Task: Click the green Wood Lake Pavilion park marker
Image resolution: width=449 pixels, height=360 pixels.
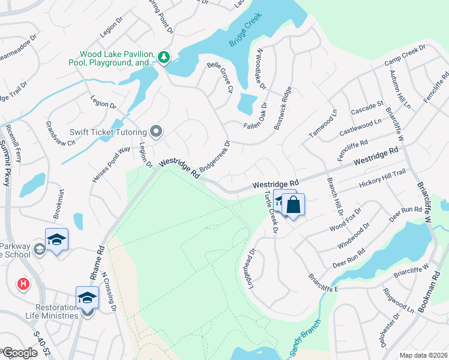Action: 163,58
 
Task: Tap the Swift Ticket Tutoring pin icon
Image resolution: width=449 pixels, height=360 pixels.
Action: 157,131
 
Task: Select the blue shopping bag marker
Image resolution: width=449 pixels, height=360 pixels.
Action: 294,206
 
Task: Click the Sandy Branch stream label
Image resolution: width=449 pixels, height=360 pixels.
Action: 306,339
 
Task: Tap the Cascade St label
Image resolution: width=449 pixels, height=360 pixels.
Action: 367,109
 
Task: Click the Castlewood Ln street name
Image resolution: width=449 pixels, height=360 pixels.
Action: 360,127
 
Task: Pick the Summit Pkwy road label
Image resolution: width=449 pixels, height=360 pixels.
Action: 8,162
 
